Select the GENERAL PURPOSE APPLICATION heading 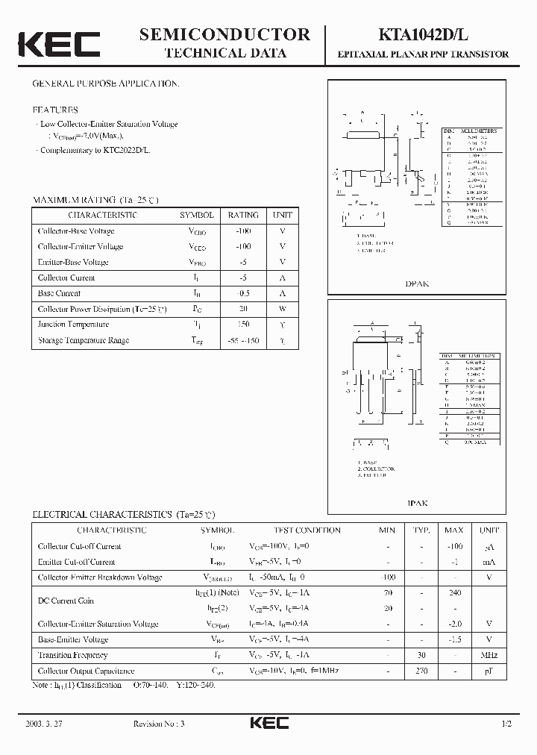tap(105, 84)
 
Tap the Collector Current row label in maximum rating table tap(66, 278)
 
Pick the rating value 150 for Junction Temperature tap(243, 325)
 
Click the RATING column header tap(243, 215)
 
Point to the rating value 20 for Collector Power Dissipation tap(243, 309)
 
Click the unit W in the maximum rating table tap(283, 309)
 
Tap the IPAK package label tap(417, 504)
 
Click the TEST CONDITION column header tap(307, 530)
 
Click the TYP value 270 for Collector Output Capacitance tap(421, 671)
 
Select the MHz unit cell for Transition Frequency tap(489, 655)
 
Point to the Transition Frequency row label tap(72, 655)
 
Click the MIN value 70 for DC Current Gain tap(386, 593)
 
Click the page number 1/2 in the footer tap(506, 724)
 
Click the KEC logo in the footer tap(268, 723)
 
